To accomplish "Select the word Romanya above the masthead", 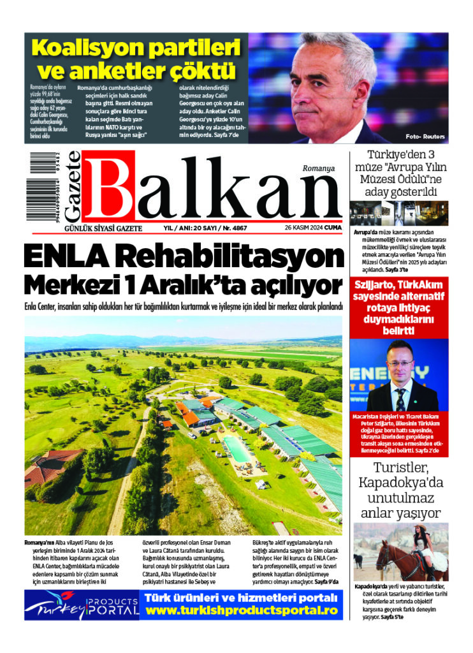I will [x=319, y=168].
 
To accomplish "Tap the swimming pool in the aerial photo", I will [x=238, y=448].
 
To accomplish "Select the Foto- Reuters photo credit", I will [x=425, y=137].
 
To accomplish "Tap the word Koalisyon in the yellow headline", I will [x=89, y=48].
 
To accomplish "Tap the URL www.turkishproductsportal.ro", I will [x=241, y=610].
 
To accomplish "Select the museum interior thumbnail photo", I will [x=399, y=213].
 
